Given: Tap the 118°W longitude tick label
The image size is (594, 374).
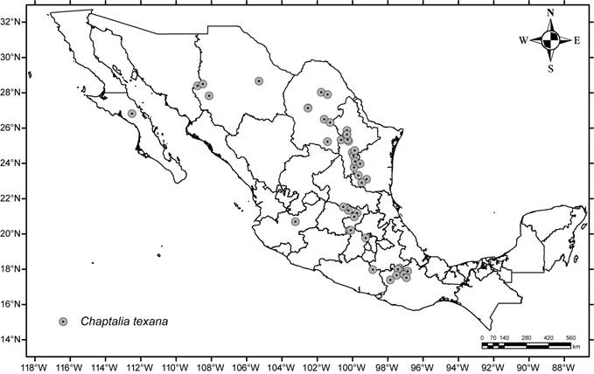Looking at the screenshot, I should pyautogui.click(x=36, y=365).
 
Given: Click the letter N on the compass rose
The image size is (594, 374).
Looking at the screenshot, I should pyautogui.click(x=550, y=12).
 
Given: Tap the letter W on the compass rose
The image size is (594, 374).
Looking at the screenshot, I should pyautogui.click(x=523, y=40).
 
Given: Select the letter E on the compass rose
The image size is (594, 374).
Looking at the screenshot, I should pyautogui.click(x=577, y=40).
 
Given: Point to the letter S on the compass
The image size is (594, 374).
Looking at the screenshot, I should pyautogui.click(x=550, y=67).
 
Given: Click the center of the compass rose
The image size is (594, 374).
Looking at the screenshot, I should pyautogui.click(x=550, y=40).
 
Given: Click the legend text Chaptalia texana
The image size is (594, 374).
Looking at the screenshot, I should pyautogui.click(x=121, y=322).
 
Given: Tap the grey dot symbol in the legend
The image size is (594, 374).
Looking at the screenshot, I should pyautogui.click(x=63, y=322).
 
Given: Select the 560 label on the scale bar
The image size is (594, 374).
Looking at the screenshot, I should pyautogui.click(x=570, y=336).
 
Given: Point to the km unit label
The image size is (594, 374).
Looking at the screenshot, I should pyautogui.click(x=576, y=348).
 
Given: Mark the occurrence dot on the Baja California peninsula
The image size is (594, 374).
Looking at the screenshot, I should pyautogui.click(x=132, y=114).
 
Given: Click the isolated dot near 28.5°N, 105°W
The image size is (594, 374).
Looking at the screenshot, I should pyautogui.click(x=260, y=81).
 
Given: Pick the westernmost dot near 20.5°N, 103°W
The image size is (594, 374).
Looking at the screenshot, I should pyautogui.click(x=296, y=221).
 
